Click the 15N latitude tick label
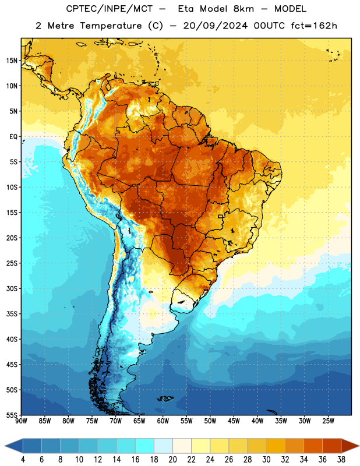[12, 61]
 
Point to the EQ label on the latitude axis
[13, 137]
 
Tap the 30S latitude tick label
[12, 288]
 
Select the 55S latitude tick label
[12, 415]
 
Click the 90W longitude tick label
[21, 421]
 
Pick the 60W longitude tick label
[163, 421]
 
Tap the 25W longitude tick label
[328, 421]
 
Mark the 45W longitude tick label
[234, 421]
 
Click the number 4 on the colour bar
[23, 460]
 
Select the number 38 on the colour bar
[341, 460]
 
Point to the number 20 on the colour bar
[172, 460]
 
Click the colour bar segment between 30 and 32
[276, 446]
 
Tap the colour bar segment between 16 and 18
[145, 446]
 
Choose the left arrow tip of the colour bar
[5, 446]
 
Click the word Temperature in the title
[111, 26]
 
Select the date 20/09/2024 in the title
[216, 26]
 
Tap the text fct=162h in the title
[314, 26]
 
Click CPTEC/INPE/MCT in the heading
[109, 9]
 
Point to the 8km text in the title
[243, 9]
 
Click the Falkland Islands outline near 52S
[165, 398]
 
